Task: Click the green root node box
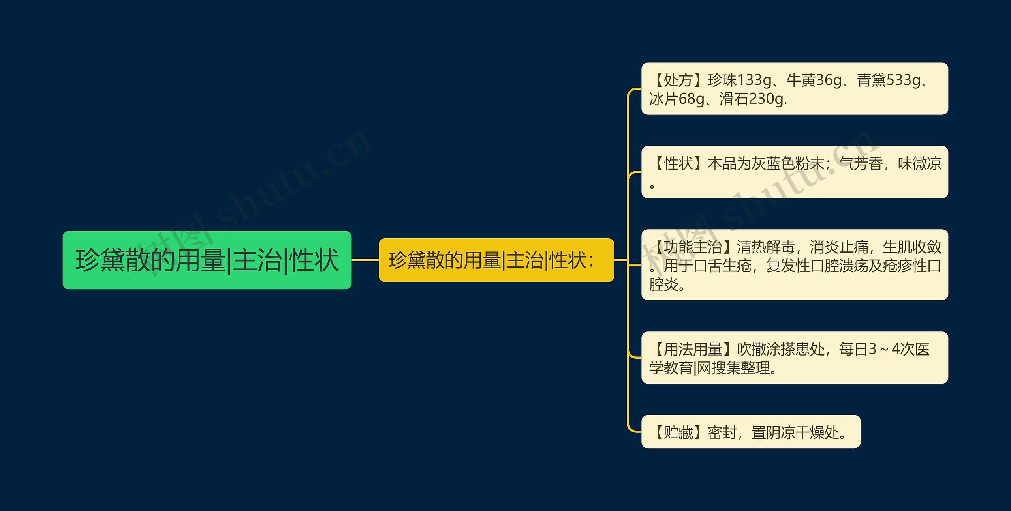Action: coord(207,260)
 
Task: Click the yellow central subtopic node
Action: coord(496,260)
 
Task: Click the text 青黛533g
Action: coord(888,80)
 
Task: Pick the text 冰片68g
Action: coord(677,99)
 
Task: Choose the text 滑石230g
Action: coord(753,99)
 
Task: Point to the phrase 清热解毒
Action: coord(766,247)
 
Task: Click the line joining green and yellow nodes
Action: coord(365,260)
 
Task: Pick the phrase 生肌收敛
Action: coord(912,247)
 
